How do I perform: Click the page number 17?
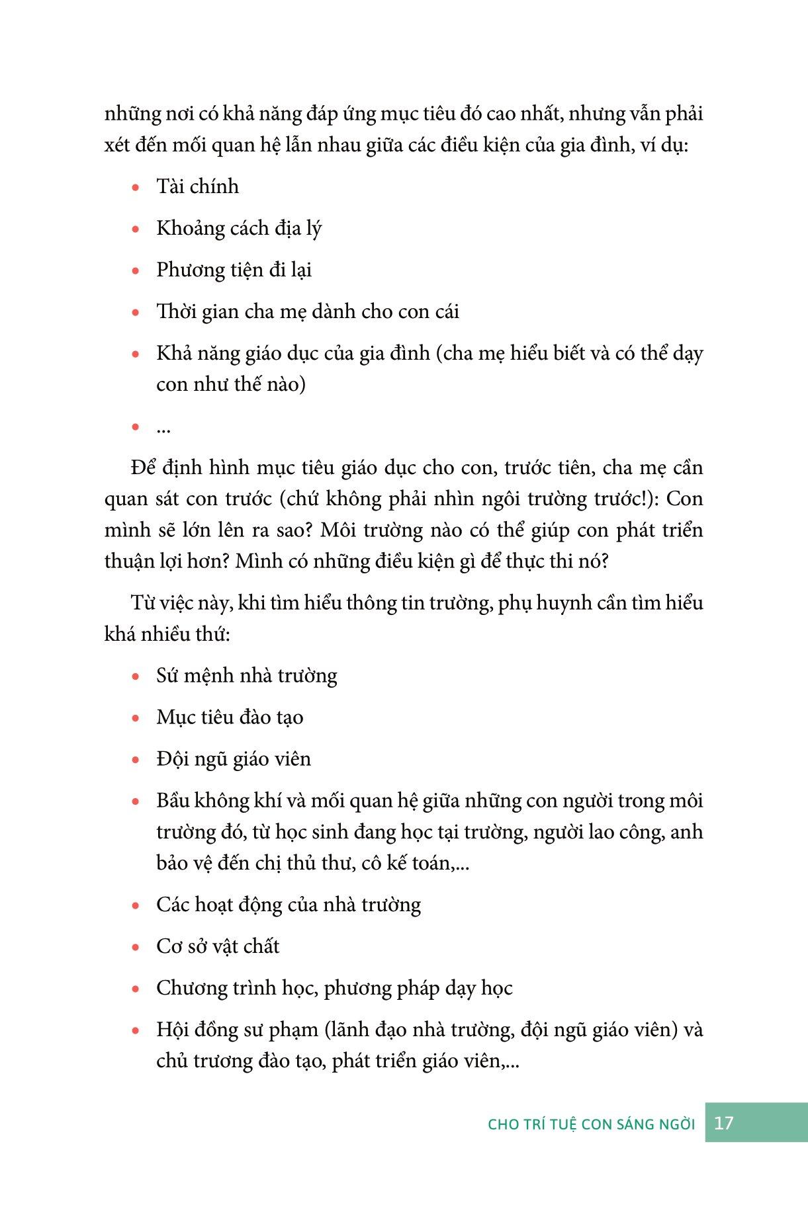[724, 1123]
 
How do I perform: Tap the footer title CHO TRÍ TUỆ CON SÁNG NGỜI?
[591, 1124]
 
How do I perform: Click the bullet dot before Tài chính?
[136, 188]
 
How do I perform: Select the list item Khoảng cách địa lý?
[239, 228]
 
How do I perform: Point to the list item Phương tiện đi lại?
[234, 270]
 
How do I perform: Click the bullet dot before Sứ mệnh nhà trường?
[136, 676]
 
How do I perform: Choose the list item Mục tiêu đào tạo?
[230, 717]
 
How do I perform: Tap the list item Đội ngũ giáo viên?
[234, 759]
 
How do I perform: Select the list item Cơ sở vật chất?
[218, 946]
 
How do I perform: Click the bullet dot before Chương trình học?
[136, 990]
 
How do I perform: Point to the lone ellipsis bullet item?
[163, 428]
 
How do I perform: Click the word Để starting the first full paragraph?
[144, 468]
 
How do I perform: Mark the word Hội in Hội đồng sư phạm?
[171, 1030]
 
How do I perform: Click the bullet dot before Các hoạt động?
[136, 907]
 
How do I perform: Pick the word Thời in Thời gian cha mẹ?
[174, 311]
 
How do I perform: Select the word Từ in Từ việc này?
[142, 603]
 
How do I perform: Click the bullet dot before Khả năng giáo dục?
[136, 354]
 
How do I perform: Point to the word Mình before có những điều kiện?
[259, 561]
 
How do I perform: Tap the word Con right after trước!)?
[684, 499]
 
